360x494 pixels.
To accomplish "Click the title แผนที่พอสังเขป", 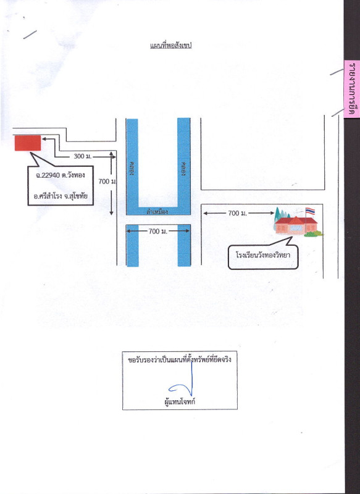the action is [x=170, y=45].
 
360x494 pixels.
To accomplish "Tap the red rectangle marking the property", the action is [x=28, y=143].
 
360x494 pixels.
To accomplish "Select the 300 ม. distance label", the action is [x=83, y=156].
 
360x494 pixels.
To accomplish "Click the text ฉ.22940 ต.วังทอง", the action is [x=60, y=175].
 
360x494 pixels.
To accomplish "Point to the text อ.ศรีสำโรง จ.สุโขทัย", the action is [x=61, y=196].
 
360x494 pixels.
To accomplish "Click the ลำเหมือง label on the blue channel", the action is [x=157, y=212].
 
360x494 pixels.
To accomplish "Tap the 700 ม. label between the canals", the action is [x=158, y=231].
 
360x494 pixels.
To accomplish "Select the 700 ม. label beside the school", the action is [x=238, y=213].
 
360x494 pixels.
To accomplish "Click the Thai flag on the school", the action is [x=310, y=211].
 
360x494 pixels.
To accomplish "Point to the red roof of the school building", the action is [x=295, y=220].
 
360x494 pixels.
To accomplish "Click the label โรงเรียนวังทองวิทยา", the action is [x=263, y=255].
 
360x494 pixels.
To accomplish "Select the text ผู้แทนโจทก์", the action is [x=180, y=402].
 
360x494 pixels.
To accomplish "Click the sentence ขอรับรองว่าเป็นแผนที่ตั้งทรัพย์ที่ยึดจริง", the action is [x=180, y=359].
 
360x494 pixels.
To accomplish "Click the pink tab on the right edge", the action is [x=351, y=89].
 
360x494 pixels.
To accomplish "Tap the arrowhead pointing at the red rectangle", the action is [x=44, y=138].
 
